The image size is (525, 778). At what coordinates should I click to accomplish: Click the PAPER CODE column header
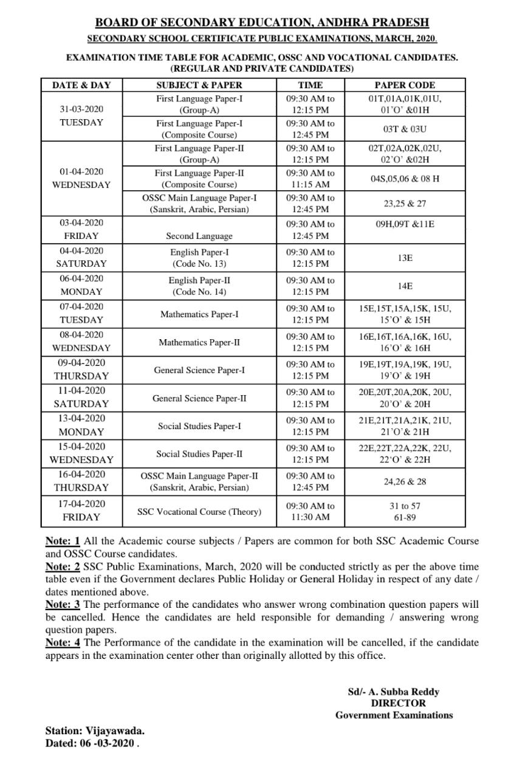(x=405, y=85)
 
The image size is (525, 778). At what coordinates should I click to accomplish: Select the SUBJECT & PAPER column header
(x=199, y=85)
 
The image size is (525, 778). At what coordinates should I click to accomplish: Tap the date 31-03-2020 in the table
(x=81, y=109)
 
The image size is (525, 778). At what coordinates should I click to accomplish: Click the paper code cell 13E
(x=405, y=258)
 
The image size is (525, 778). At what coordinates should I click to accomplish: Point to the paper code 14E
(x=405, y=286)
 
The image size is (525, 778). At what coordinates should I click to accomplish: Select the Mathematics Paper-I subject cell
(x=199, y=314)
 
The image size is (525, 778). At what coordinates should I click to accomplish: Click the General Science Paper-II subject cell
(x=199, y=399)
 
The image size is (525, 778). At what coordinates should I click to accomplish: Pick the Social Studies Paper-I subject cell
(x=199, y=426)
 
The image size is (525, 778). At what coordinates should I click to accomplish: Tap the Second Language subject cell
(x=199, y=236)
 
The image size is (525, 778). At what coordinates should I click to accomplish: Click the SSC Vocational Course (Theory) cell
(x=199, y=512)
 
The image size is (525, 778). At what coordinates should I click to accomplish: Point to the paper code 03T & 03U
(x=405, y=129)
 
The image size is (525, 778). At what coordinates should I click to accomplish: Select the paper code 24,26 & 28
(x=405, y=481)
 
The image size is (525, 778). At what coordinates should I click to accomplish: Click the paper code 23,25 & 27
(x=405, y=204)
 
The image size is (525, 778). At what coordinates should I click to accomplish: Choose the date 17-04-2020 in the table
(x=81, y=504)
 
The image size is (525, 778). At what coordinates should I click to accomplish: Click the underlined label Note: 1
(x=63, y=541)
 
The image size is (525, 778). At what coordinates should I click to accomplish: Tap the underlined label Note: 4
(x=63, y=642)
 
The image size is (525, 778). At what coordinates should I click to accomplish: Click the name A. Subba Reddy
(x=401, y=692)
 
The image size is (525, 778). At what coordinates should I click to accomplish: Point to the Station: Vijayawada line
(x=95, y=731)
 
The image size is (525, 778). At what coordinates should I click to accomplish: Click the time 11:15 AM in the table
(x=311, y=184)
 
